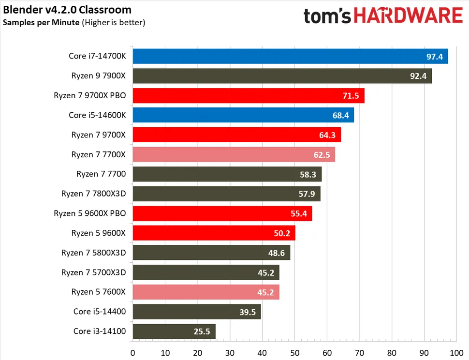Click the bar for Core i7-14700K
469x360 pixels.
pyautogui.click(x=290, y=56)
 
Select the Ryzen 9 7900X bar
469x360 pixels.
pyautogui.click(x=282, y=76)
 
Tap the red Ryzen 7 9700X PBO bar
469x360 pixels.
pyautogui.click(x=248, y=95)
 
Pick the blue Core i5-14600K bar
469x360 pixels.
pyautogui.click(x=243, y=115)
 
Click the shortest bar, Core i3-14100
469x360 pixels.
pyautogui.click(x=174, y=331)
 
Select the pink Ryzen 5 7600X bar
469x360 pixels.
pyautogui.click(x=205, y=292)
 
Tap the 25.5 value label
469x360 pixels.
pyautogui.click(x=203, y=332)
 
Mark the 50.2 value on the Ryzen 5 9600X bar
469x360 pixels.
pyautogui.click(x=282, y=233)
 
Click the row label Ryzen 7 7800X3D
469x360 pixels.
pyautogui.click(x=93, y=194)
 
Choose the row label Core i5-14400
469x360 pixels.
pyautogui.click(x=100, y=312)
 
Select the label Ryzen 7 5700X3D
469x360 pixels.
pyautogui.click(x=93, y=272)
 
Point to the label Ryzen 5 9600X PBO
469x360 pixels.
pyautogui.click(x=89, y=213)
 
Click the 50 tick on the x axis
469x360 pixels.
pyautogui.click(x=294, y=352)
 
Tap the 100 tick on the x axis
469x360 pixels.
pyautogui.click(x=456, y=352)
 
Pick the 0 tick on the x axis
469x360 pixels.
pyautogui.click(x=132, y=352)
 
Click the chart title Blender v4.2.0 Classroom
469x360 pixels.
pyautogui.click(x=67, y=10)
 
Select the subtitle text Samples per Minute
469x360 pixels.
pyautogui.click(x=41, y=22)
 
